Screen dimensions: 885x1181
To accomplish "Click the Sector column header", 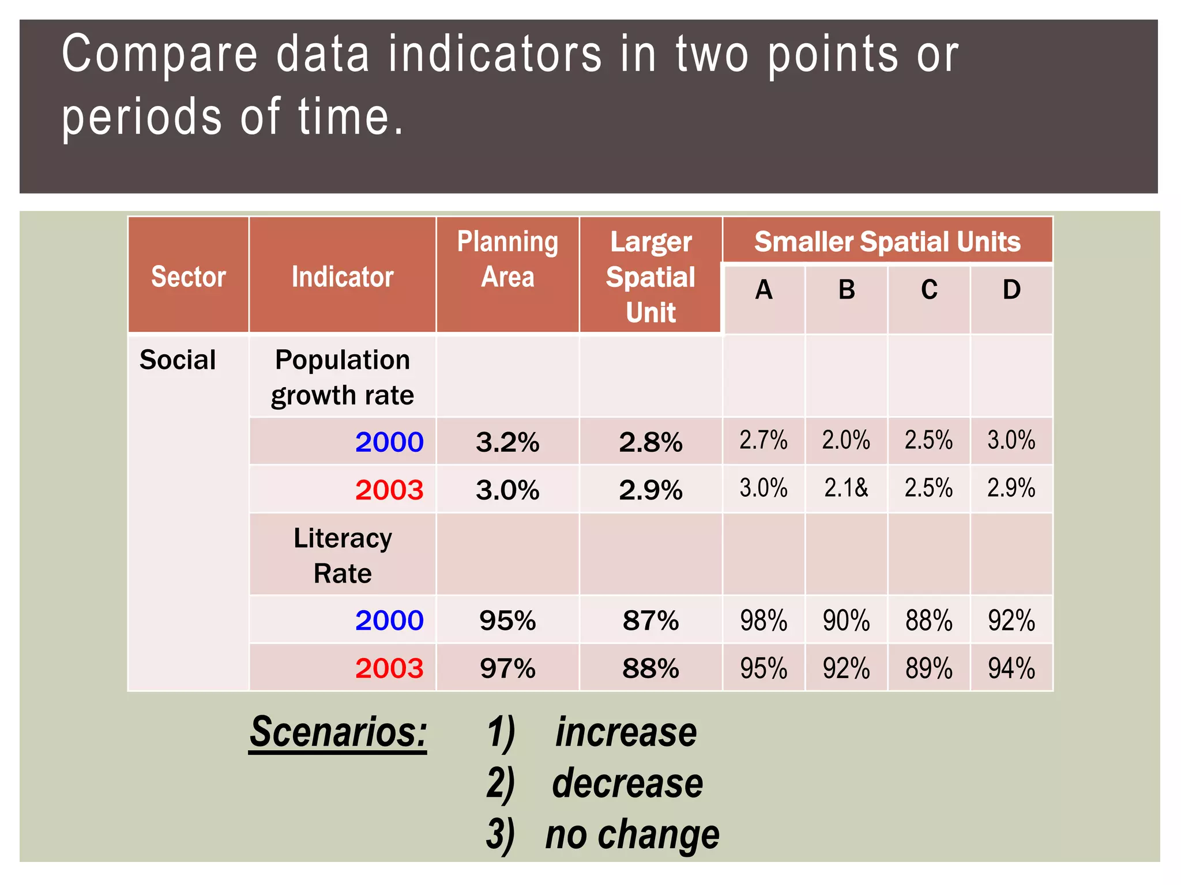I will click(x=188, y=277).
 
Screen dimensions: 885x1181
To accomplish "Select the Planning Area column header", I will click(x=507, y=259).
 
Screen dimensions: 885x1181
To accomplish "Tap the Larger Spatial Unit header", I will click(x=650, y=277).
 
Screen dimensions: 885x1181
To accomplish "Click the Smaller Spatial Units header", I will click(x=887, y=241).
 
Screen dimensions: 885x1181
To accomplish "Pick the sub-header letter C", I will click(x=929, y=290).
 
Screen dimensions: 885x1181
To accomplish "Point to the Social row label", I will click(x=178, y=360).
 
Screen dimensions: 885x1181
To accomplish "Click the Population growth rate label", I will click(x=343, y=377).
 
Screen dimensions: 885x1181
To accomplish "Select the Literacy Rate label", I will click(x=343, y=555).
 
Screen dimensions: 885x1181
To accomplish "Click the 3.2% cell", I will click(x=507, y=442).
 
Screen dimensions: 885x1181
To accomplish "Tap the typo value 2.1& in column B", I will click(x=846, y=489).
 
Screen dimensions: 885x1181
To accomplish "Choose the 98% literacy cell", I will click(x=763, y=621).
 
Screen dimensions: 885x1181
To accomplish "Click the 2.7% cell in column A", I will click(x=763, y=441).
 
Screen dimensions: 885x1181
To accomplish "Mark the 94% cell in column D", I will click(x=1011, y=669).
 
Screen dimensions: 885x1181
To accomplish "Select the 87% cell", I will click(x=650, y=621).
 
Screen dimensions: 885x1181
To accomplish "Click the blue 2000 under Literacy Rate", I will click(x=389, y=621).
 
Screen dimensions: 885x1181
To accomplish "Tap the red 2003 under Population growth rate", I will click(x=389, y=490).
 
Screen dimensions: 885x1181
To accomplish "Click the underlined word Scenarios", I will click(x=338, y=733).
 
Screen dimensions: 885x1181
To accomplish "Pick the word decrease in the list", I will click(x=627, y=784).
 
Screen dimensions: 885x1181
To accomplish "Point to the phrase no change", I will click(x=633, y=835).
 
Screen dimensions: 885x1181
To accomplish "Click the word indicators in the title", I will click(x=495, y=54).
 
